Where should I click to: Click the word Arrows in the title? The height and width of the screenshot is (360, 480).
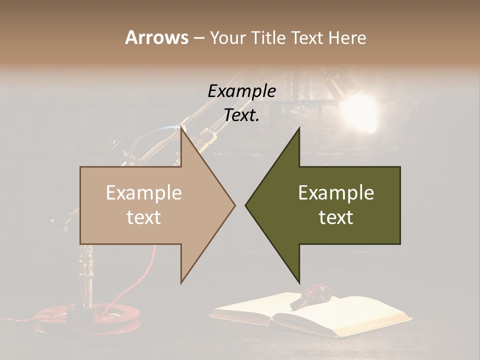(156, 37)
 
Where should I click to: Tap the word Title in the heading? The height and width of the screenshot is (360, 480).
(270, 37)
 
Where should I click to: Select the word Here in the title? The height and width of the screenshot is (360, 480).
(347, 37)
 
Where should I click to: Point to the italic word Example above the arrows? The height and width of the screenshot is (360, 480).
(241, 91)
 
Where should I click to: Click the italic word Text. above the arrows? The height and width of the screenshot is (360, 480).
(241, 115)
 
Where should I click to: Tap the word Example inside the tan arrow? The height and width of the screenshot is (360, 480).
(144, 193)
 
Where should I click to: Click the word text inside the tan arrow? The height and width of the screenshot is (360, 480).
(144, 217)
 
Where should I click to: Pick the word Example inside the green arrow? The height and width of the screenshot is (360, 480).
(336, 193)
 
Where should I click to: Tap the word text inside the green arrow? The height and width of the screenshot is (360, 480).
(336, 217)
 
